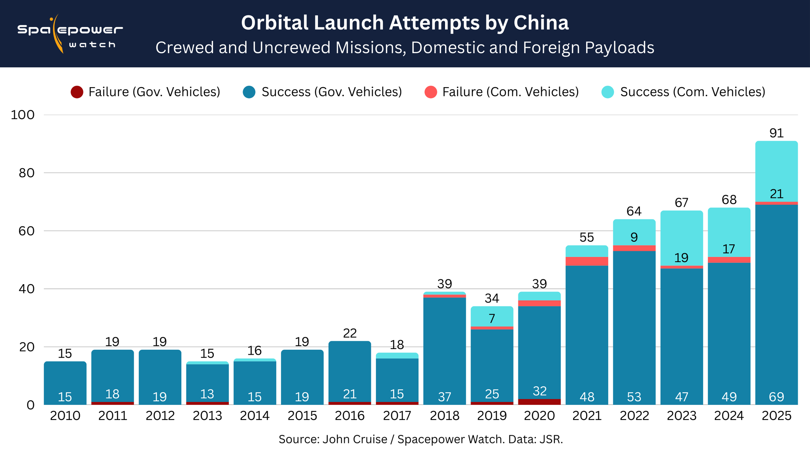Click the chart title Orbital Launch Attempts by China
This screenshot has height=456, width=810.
click(x=405, y=23)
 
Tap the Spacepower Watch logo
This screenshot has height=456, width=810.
click(x=70, y=34)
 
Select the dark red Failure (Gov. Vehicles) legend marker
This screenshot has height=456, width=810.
click(x=77, y=92)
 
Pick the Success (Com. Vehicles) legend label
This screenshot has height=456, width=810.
click(x=693, y=92)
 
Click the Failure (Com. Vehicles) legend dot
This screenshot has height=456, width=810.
click(x=431, y=92)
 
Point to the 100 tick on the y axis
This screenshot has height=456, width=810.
click(x=23, y=115)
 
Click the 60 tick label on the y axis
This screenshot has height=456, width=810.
click(x=27, y=231)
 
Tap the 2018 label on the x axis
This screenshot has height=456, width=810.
click(x=444, y=416)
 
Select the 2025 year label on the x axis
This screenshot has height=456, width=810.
click(x=776, y=416)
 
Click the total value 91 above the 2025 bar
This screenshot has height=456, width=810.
click(x=776, y=133)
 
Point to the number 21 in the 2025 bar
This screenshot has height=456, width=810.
click(x=776, y=194)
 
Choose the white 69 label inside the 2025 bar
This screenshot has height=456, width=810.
click(x=776, y=397)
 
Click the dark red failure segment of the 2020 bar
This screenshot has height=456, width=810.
click(x=539, y=402)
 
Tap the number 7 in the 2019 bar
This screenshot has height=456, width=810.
click(x=492, y=319)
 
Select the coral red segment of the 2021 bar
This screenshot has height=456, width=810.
click(x=587, y=261)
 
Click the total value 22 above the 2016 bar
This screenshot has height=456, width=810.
click(x=350, y=334)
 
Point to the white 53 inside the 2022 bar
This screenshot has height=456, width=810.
click(x=634, y=397)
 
